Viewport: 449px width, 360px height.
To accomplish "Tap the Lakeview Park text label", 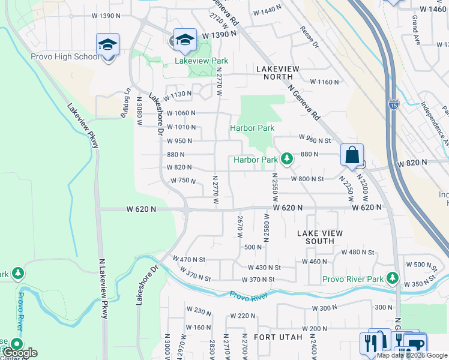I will tap(201, 61).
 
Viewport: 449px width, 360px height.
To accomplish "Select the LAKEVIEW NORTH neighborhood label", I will tap(277, 73).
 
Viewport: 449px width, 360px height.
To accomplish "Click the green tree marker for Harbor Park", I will tap(287, 158).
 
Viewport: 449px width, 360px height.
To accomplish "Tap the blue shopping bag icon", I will tap(352, 155).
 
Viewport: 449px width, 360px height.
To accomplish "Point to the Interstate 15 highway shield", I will tap(393, 103).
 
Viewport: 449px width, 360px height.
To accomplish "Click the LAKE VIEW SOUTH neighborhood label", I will tap(320, 237).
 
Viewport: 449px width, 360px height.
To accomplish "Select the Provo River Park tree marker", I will tap(393, 277).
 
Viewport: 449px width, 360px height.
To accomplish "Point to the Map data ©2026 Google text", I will tap(412, 355).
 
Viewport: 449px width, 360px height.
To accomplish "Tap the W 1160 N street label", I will tap(324, 82).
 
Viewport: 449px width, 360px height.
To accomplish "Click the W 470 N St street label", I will tap(189, 259).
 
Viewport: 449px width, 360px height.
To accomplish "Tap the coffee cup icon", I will tap(415, 344).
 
